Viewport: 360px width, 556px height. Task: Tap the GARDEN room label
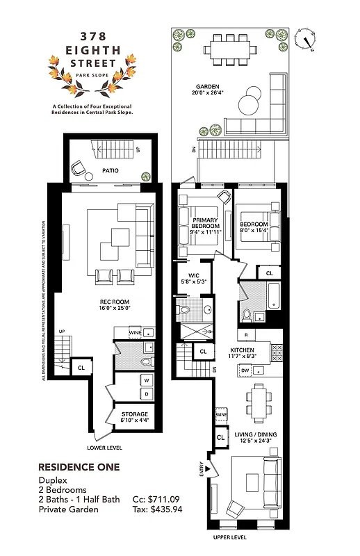click(207, 85)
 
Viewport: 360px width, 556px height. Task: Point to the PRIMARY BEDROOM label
click(206, 223)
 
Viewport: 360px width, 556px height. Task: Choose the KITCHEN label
click(243, 350)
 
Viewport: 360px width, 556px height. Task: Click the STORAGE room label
click(135, 414)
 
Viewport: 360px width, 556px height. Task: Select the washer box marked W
click(147, 380)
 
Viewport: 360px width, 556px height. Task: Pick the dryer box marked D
click(147, 393)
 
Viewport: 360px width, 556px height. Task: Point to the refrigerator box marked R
click(246, 335)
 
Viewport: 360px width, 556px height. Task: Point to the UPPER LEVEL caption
click(231, 537)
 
